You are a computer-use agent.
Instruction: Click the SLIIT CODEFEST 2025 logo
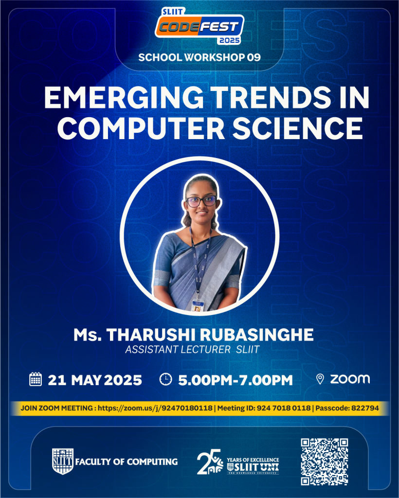[199, 26]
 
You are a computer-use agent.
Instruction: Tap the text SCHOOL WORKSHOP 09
[199, 57]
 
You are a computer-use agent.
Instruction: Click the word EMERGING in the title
[124, 97]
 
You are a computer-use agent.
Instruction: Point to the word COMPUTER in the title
[141, 128]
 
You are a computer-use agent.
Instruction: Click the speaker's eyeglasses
[201, 201]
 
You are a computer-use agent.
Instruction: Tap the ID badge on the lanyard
[197, 305]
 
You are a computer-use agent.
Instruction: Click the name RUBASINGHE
[256, 335]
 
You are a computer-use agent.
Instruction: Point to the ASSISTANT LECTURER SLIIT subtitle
[193, 350]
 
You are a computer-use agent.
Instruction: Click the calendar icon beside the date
[35, 379]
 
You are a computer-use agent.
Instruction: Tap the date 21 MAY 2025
[95, 380]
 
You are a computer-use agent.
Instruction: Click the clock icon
[165, 379]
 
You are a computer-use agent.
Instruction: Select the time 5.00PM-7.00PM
[236, 380]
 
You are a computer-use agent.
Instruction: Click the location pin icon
[320, 379]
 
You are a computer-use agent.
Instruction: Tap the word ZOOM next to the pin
[350, 379]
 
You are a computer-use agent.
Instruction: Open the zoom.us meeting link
[155, 408]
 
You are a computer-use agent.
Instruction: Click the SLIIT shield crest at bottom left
[63, 461]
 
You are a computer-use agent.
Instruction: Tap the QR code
[325, 462]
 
